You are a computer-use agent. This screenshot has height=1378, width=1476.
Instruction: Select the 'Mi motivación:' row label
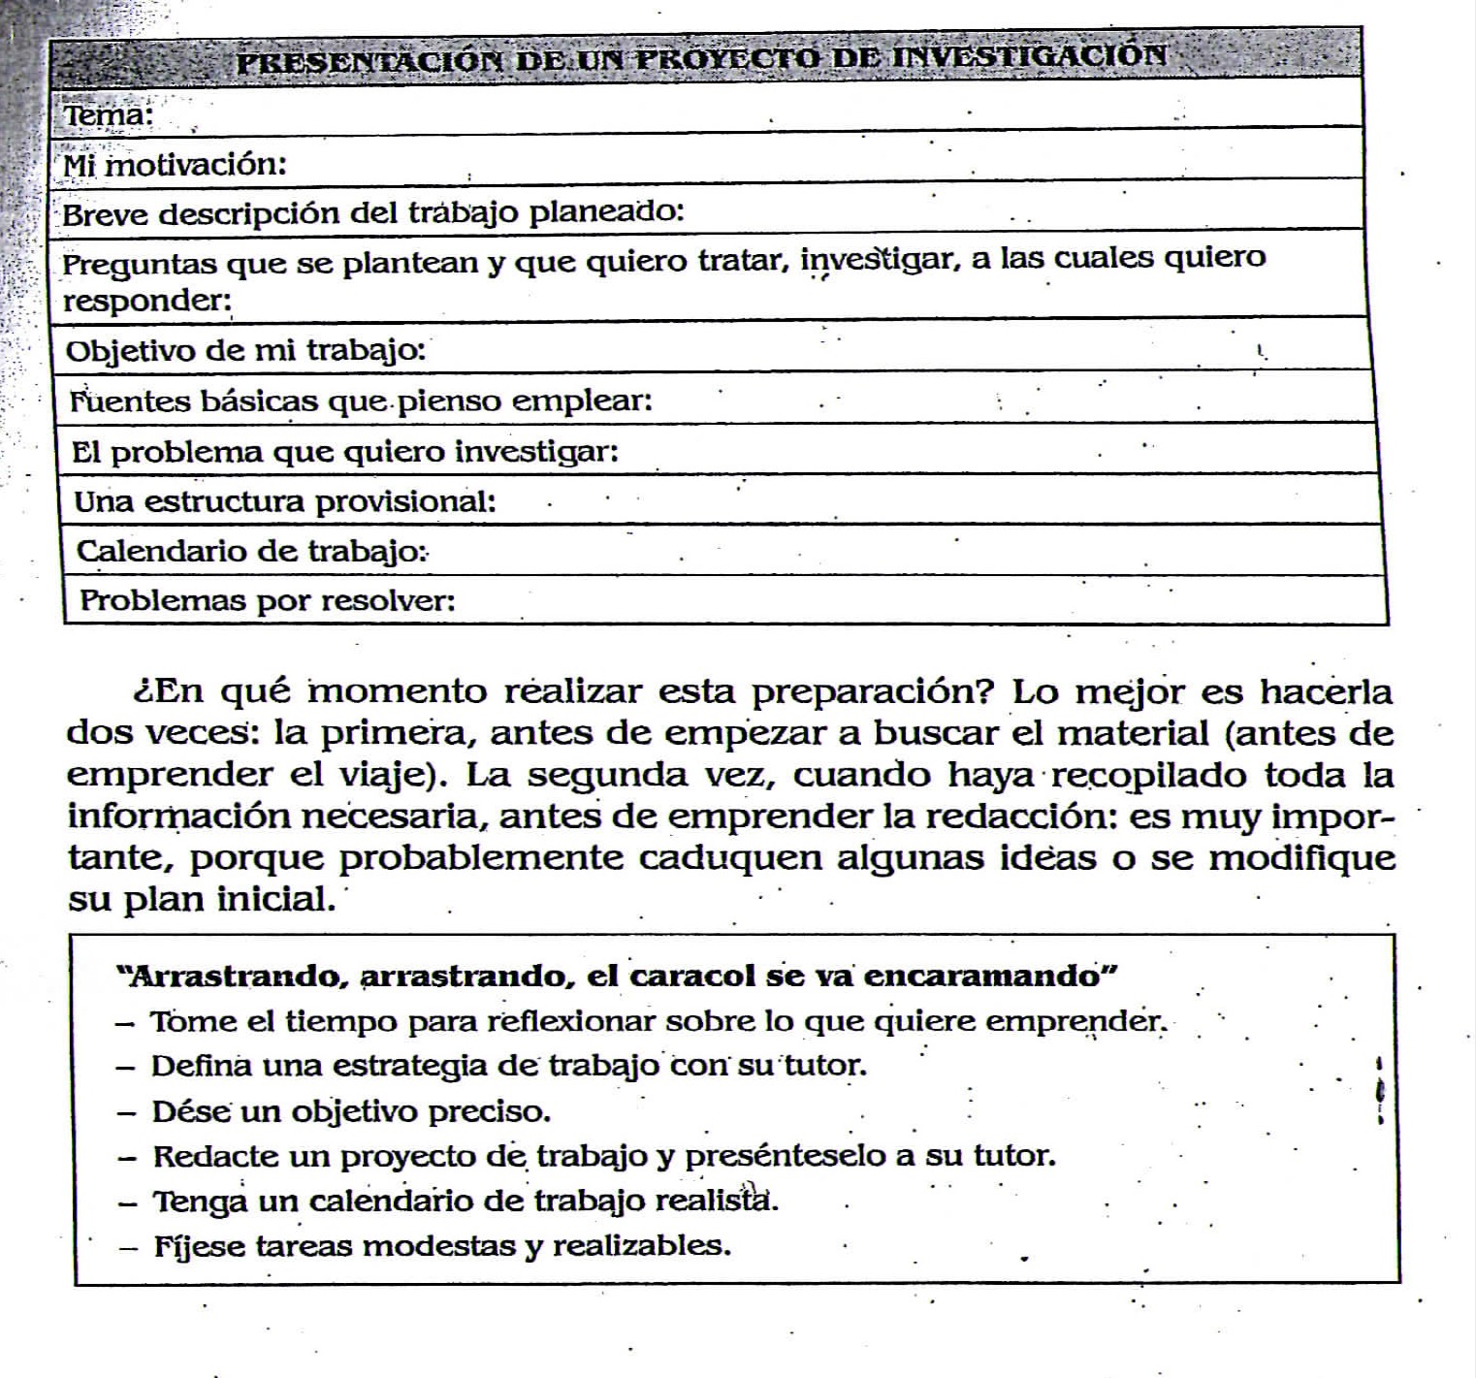pos(175,165)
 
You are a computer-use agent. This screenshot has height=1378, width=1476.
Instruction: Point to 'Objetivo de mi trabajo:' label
pos(245,350)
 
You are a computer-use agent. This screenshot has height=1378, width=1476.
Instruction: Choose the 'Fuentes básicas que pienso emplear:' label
pos(361,401)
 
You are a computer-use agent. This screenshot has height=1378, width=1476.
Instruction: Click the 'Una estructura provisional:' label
pos(285,501)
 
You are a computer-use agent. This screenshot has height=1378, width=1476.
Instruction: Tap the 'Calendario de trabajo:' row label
pos(251,551)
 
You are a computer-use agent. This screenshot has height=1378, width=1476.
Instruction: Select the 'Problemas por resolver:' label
pos(268,600)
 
